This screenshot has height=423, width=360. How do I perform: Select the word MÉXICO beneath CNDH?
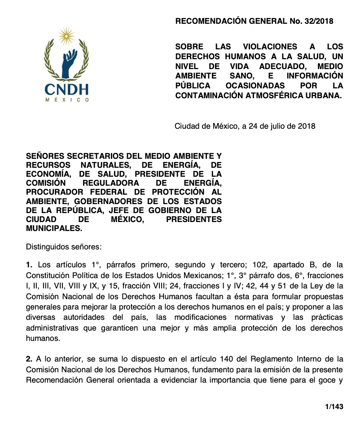pyautogui.click(x=67, y=100)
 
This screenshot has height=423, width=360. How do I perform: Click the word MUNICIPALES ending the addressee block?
pyautogui.click(x=54, y=228)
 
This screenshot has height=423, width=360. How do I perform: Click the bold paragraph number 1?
pyautogui.click(x=29, y=265)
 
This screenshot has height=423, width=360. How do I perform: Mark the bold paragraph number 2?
pyautogui.click(x=29, y=359)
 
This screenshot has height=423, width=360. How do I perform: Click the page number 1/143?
pyautogui.click(x=334, y=406)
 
